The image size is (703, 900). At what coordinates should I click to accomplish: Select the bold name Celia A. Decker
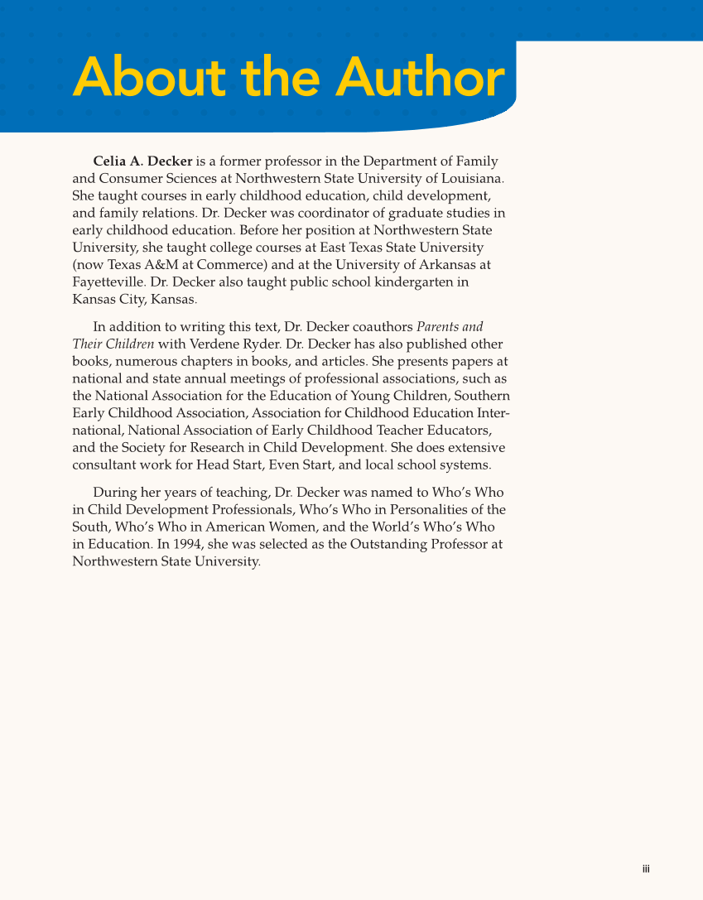click(x=142, y=161)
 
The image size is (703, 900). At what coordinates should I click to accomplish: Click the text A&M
click(x=175, y=265)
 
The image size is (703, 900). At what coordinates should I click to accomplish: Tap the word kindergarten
click(x=410, y=282)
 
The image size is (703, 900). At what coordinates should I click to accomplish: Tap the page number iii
click(x=646, y=869)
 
